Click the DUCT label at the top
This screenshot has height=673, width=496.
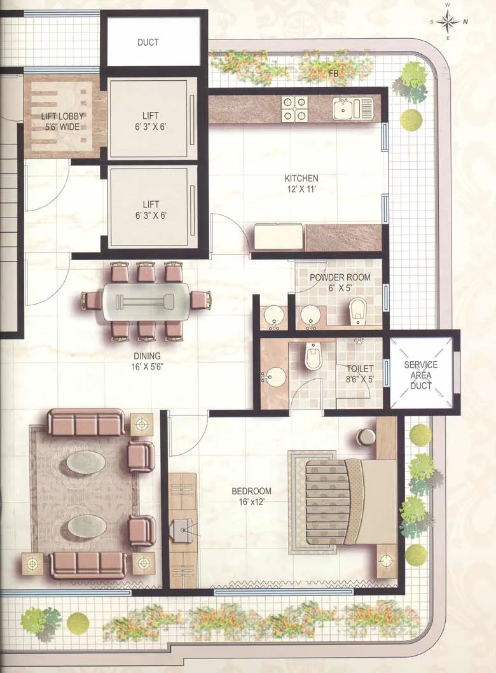click(148, 43)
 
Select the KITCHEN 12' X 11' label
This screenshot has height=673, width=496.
click(301, 183)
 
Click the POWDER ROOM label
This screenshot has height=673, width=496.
click(335, 282)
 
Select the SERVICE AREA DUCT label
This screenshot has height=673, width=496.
click(421, 375)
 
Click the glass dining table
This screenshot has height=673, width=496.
click(146, 298)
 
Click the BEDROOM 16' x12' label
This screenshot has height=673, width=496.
click(251, 496)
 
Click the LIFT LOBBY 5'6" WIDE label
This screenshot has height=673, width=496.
click(63, 121)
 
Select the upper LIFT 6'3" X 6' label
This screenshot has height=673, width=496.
click(151, 121)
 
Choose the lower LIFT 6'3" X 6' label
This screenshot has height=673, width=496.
click(151, 209)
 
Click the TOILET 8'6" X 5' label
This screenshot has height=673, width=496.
click(360, 373)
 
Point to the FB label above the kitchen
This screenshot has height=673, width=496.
click(333, 74)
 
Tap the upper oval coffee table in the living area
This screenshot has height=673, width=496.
click(86, 462)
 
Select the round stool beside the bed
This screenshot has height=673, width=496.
click(366, 437)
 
